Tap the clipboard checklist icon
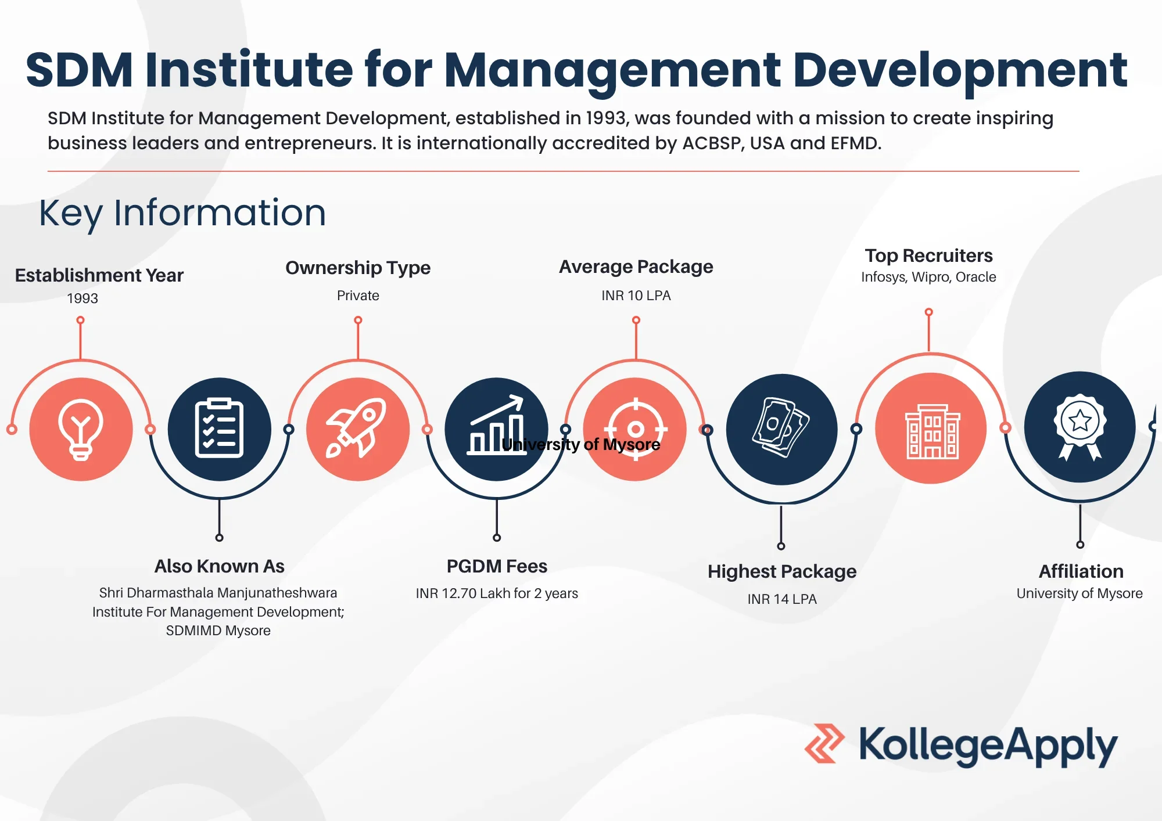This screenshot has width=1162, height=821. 219,428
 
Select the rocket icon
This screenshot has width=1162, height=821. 356,428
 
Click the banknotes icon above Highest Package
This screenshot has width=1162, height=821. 781,427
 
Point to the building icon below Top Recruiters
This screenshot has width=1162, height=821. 932,431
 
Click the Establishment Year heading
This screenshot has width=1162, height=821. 99,275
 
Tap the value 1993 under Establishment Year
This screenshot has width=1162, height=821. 83,298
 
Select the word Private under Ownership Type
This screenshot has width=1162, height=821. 358,296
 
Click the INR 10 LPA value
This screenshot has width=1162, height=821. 636,296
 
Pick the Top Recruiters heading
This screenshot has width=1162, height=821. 928,255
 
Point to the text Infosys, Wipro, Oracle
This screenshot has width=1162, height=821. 928,277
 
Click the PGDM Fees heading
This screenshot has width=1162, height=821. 497,566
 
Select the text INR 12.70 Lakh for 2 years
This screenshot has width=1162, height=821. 497,593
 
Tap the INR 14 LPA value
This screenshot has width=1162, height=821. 782,599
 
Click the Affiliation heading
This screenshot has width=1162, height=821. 1081,571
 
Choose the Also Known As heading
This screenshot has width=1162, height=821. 219,566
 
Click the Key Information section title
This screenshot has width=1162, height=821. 182,213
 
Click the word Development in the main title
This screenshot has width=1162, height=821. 960,71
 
